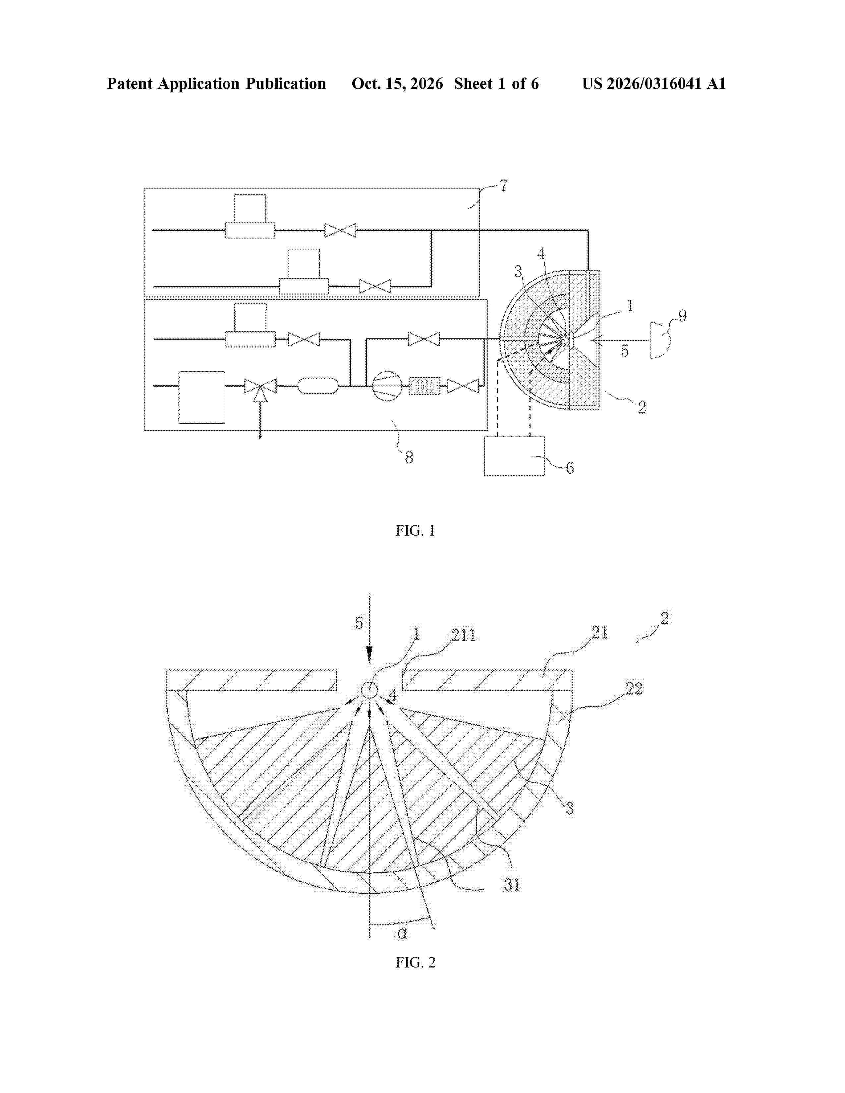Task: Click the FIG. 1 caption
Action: [x=415, y=531]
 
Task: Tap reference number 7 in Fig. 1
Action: [x=503, y=186]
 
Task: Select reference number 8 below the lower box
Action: [x=409, y=457]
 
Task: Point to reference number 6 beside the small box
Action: [x=569, y=468]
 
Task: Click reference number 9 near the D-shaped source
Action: [x=682, y=316]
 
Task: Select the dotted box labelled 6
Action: [x=514, y=456]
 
